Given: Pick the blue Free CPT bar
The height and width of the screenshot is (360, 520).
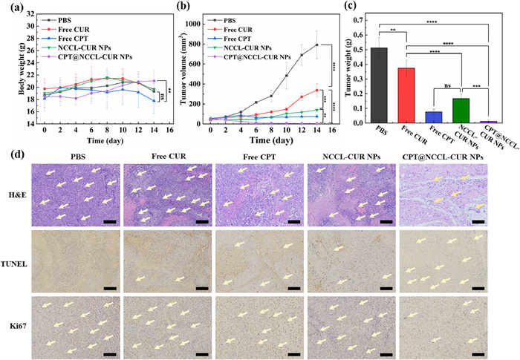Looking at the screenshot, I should (x=433, y=117).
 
